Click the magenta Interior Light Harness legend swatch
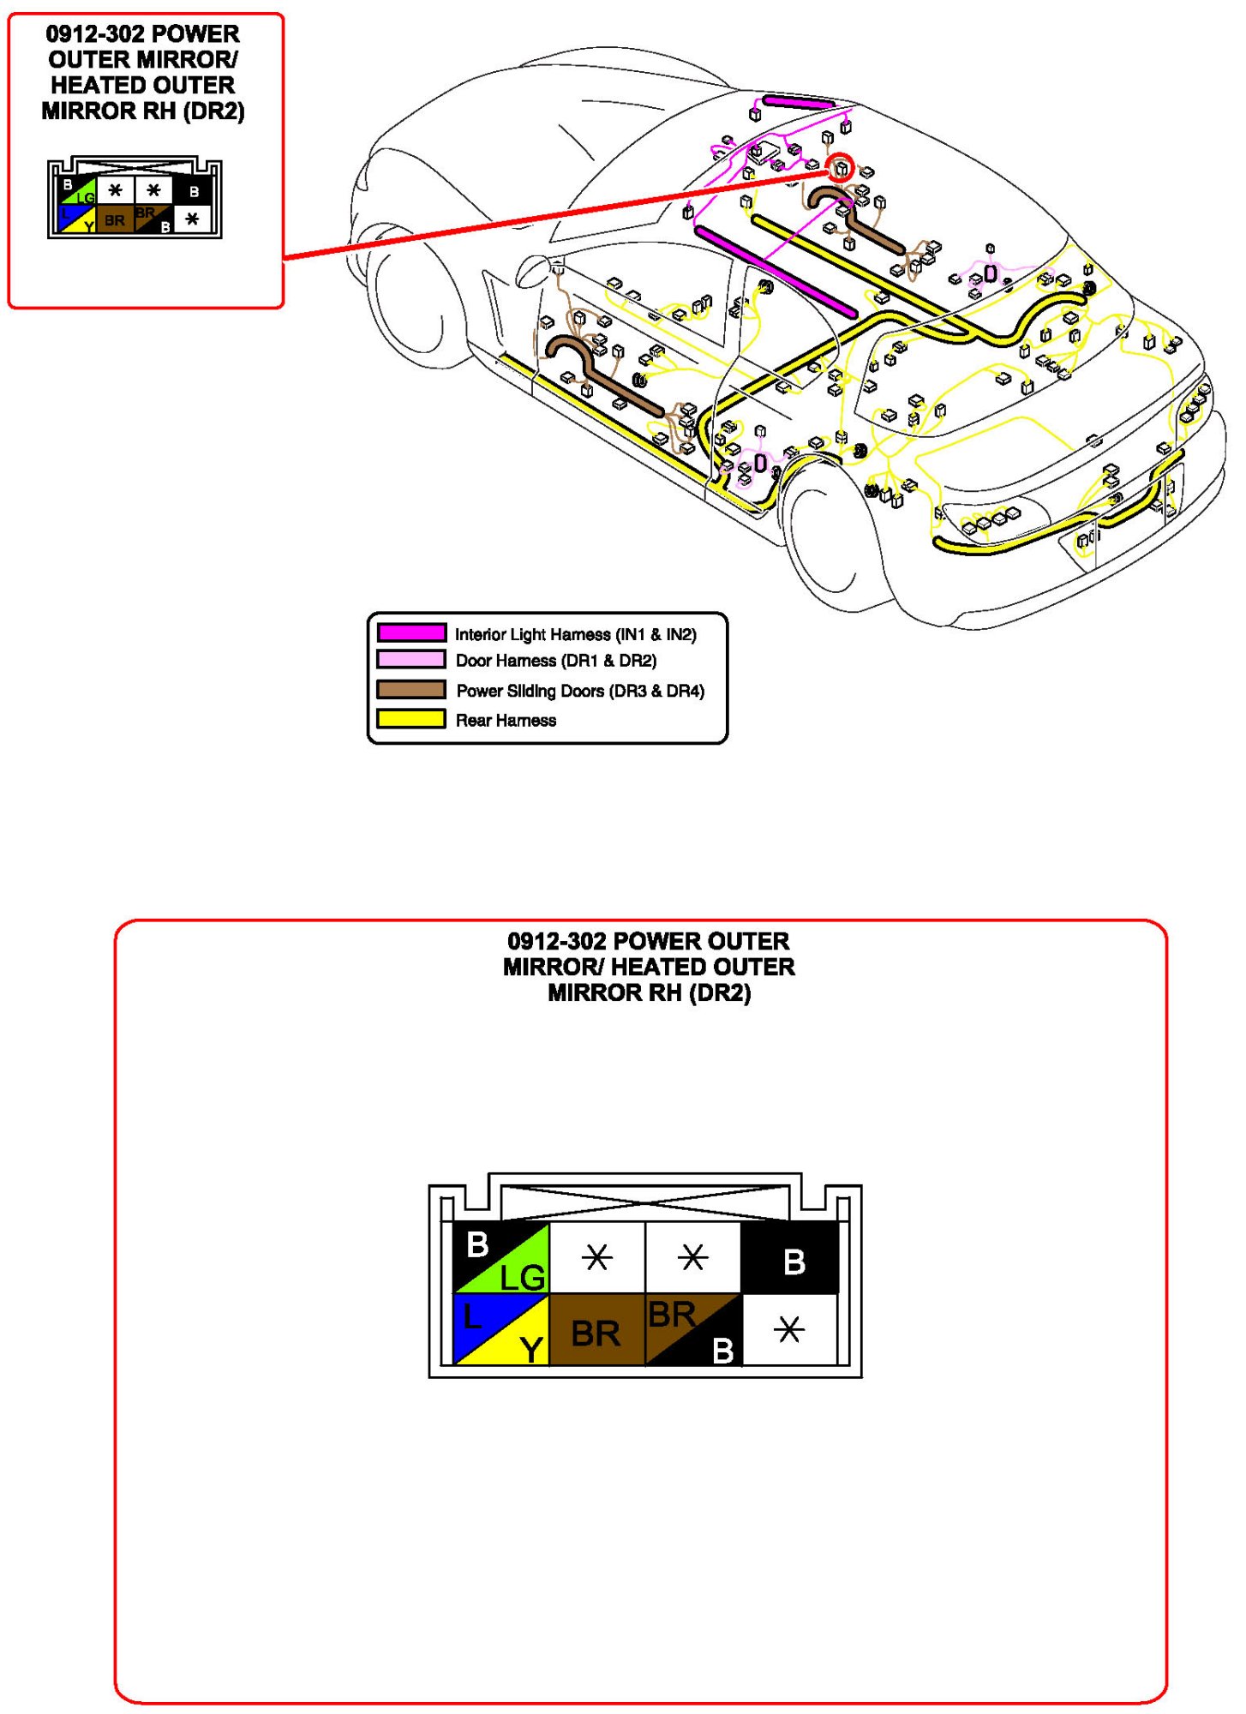pyautogui.click(x=411, y=632)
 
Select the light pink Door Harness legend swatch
pyautogui.click(x=411, y=659)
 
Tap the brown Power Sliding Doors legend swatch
pyautogui.click(x=411, y=689)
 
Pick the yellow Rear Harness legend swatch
pyautogui.click(x=411, y=718)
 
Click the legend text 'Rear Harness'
pyautogui.click(x=506, y=720)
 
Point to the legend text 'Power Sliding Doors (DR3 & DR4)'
pyautogui.click(x=580, y=690)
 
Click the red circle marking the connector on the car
pyautogui.click(x=840, y=166)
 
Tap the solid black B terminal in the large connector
pyautogui.click(x=789, y=1258)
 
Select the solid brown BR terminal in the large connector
pyautogui.click(x=596, y=1329)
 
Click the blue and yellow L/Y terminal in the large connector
pyautogui.click(x=500, y=1329)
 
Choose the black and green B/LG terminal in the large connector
pyautogui.click(x=500, y=1258)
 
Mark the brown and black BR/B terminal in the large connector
pyautogui.click(x=692, y=1329)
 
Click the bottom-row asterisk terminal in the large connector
pyautogui.click(x=789, y=1329)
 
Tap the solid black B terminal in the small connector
pyautogui.click(x=194, y=191)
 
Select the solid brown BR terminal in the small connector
pyautogui.click(x=115, y=219)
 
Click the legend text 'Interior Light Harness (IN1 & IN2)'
pyautogui.click(x=575, y=634)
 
